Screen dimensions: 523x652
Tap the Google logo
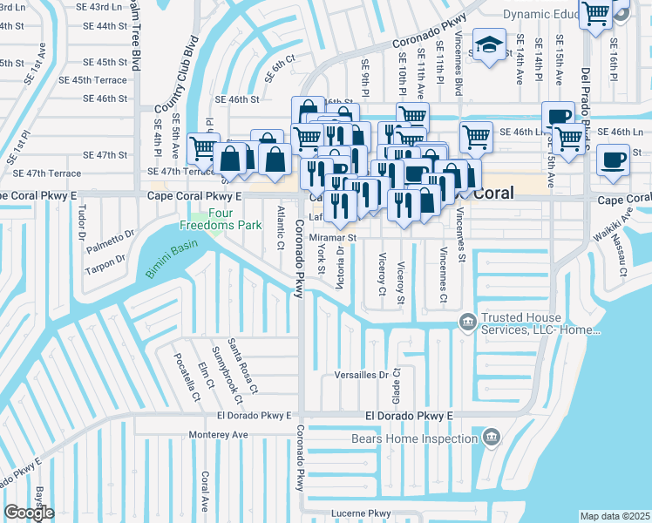(29, 513)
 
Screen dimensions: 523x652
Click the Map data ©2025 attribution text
(615, 516)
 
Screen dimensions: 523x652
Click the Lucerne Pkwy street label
(359, 513)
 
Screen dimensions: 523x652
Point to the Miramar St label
(333, 237)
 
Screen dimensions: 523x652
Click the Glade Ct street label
(397, 384)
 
